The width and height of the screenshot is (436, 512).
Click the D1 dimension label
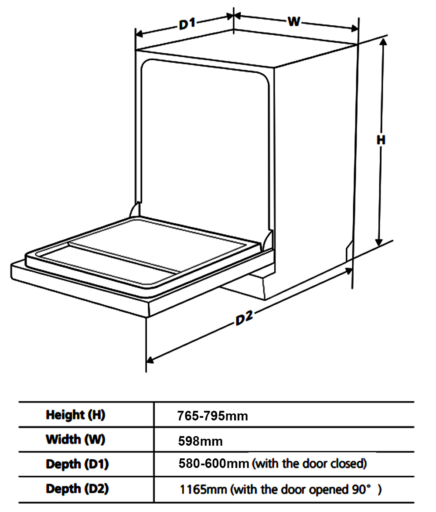pyautogui.click(x=187, y=24)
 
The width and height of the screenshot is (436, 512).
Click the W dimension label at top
pyautogui.click(x=294, y=21)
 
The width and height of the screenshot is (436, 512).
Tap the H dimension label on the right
pyautogui.click(x=381, y=140)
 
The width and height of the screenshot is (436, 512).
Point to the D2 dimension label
pyautogui.click(x=244, y=318)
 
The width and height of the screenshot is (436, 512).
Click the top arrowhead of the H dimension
pyautogui.click(x=384, y=41)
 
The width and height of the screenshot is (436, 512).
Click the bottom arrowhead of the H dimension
pyautogui.click(x=379, y=242)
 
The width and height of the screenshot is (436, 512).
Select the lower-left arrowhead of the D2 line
pyautogui.click(x=150, y=359)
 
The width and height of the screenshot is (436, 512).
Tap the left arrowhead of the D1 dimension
pyautogui.click(x=140, y=34)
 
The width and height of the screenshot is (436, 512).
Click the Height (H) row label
pyautogui.click(x=75, y=415)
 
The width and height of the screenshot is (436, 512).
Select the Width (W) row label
pyautogui.click(x=75, y=440)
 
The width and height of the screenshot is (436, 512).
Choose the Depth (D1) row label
pyautogui.click(x=77, y=464)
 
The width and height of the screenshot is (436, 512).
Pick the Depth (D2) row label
pyautogui.click(x=77, y=489)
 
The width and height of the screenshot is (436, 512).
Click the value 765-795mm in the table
pyautogui.click(x=212, y=416)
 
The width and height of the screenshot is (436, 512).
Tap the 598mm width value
pyautogui.click(x=201, y=441)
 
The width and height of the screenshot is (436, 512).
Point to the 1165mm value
pyautogui.click(x=203, y=489)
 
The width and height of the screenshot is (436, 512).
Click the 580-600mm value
pyautogui.click(x=214, y=464)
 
